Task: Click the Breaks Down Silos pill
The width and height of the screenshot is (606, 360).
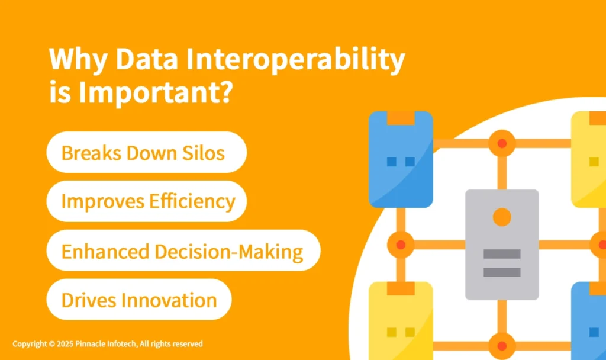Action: click(x=146, y=153)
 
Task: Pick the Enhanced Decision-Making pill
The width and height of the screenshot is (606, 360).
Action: click(x=183, y=251)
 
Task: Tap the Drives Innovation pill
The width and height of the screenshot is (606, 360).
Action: click(x=138, y=300)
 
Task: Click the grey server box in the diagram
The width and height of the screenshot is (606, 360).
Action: click(x=502, y=244)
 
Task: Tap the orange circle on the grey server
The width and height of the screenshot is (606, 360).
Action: click(x=502, y=217)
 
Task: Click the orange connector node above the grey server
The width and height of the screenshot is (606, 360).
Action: click(x=502, y=143)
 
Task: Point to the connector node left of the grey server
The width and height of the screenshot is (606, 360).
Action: click(x=401, y=244)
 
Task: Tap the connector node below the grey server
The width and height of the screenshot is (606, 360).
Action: click(x=502, y=345)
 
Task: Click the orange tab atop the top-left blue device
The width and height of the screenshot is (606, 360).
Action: click(x=401, y=118)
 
